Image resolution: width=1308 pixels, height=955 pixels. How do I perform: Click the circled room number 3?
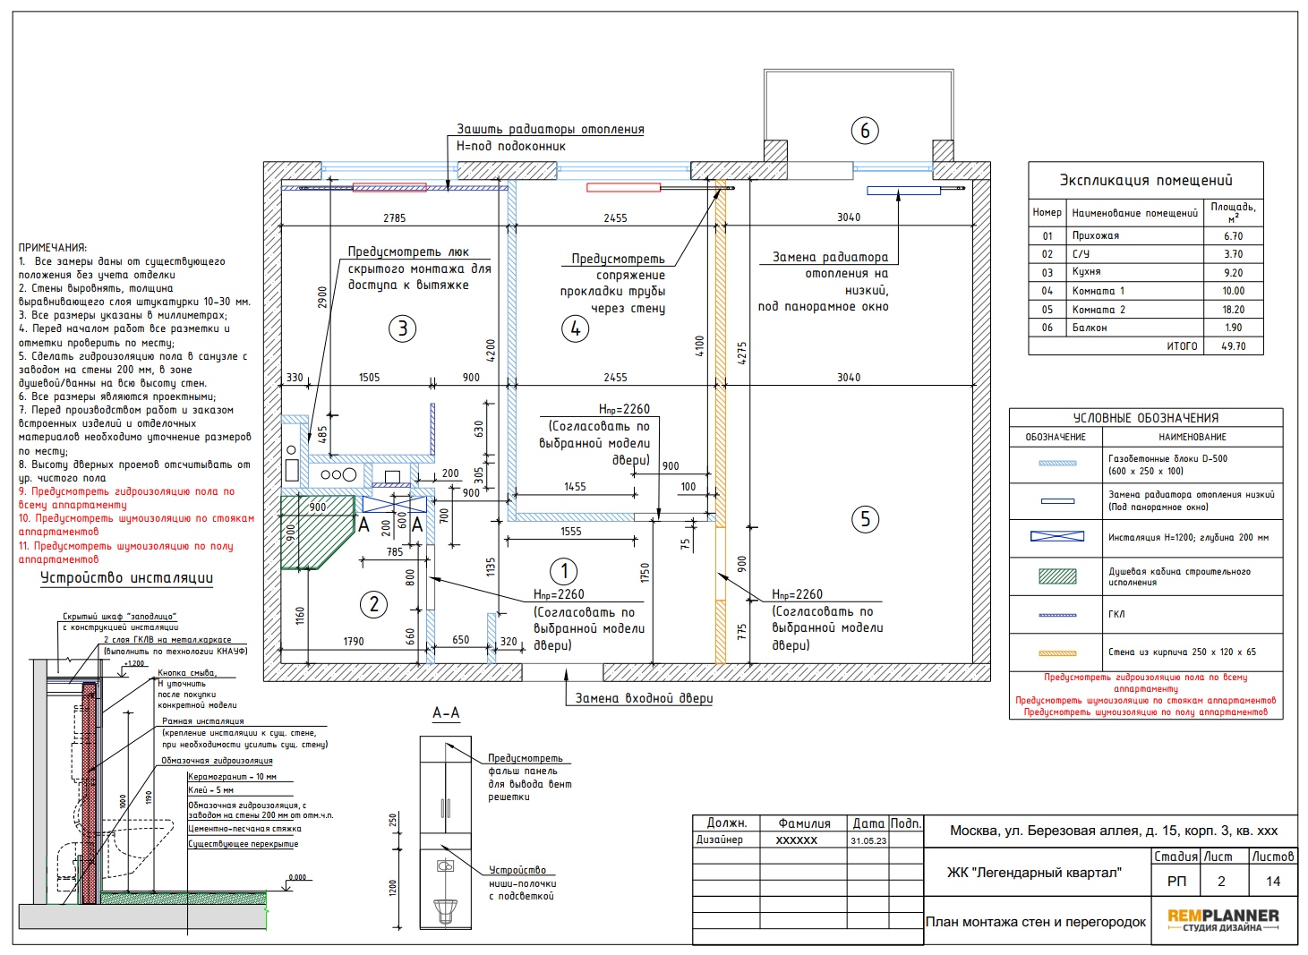click(x=402, y=328)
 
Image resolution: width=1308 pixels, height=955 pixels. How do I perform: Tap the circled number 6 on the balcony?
click(x=865, y=130)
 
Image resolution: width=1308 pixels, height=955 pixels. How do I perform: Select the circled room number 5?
click(x=865, y=519)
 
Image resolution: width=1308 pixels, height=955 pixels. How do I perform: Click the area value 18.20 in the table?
click(x=1234, y=310)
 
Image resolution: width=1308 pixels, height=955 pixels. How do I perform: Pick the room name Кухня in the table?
click(x=1086, y=271)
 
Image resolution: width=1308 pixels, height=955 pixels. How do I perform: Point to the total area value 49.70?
click(x=1234, y=346)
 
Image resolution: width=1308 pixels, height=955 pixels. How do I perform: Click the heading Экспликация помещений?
click(x=1146, y=180)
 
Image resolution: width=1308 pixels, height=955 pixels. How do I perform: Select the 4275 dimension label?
click(x=741, y=353)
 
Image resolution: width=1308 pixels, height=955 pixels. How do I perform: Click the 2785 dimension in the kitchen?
click(x=394, y=217)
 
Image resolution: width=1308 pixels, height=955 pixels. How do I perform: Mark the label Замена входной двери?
click(x=644, y=698)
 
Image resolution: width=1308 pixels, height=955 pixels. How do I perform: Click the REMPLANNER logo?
click(x=1223, y=920)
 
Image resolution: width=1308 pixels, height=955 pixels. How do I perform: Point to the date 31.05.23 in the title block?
click(x=868, y=841)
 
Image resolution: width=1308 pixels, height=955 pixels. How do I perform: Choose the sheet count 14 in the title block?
click(x=1273, y=882)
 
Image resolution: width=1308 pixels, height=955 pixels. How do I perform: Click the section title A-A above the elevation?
click(x=446, y=712)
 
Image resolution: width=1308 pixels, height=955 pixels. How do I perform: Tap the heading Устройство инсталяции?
click(x=127, y=578)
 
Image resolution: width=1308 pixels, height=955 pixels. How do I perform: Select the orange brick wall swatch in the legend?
click(x=1057, y=653)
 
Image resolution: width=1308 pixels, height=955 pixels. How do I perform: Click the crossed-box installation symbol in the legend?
click(x=1057, y=536)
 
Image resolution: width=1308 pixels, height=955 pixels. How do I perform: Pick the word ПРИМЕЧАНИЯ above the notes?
click(x=53, y=248)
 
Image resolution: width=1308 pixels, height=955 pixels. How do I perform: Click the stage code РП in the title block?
click(x=1176, y=882)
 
